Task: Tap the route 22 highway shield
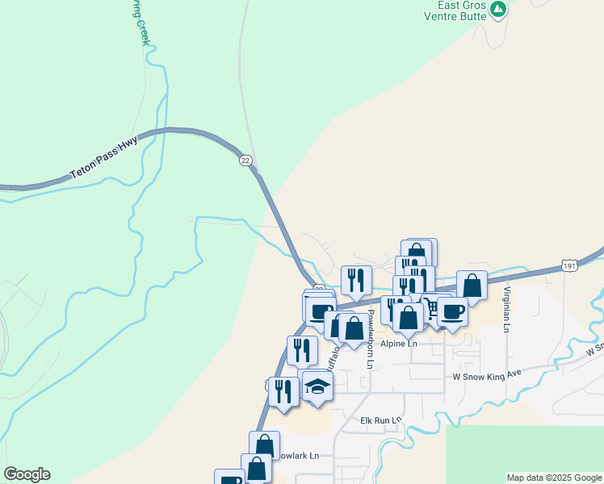(x=245, y=161)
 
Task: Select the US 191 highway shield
(x=570, y=265)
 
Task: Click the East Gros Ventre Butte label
(x=461, y=10)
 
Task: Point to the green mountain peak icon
(x=499, y=10)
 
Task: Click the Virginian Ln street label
(x=507, y=310)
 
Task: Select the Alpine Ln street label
(x=400, y=344)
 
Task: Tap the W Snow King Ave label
(x=487, y=376)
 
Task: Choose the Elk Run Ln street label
(x=381, y=420)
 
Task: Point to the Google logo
(x=27, y=474)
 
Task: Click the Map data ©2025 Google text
(x=553, y=478)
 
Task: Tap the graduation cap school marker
(x=318, y=385)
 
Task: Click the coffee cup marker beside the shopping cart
(x=453, y=311)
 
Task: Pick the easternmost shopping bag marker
(x=472, y=285)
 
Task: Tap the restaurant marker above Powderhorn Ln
(x=356, y=280)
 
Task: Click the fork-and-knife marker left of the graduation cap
(x=283, y=391)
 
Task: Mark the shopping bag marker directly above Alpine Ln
(x=409, y=317)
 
